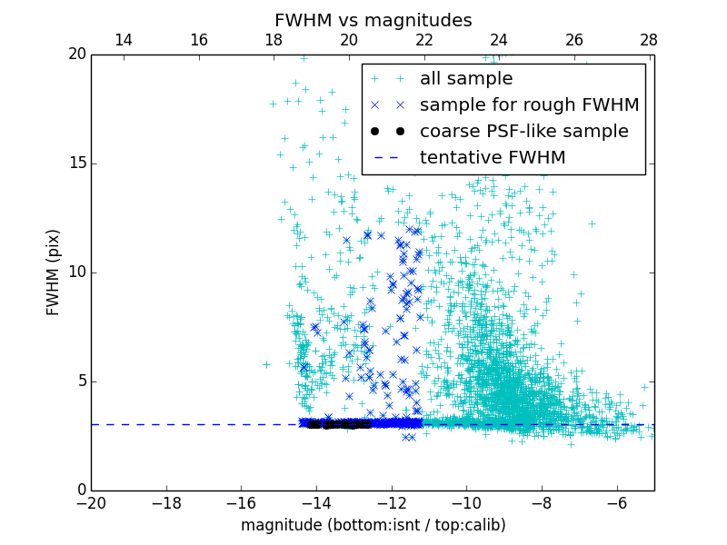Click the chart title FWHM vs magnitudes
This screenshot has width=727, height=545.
[x=373, y=20]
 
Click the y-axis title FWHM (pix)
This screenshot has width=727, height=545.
[x=54, y=272]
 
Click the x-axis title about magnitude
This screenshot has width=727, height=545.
[x=373, y=525]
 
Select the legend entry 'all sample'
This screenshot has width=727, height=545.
[x=465, y=79]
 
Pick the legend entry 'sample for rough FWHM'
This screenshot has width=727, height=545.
[x=529, y=105]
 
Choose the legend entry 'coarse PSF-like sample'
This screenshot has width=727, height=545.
[x=523, y=132]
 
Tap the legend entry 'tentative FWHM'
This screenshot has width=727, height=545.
[x=493, y=158]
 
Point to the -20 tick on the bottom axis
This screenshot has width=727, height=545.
[x=91, y=502]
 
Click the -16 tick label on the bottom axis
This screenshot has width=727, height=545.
[x=241, y=502]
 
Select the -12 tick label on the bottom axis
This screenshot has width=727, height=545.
[x=391, y=502]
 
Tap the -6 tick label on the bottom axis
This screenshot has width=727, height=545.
[x=616, y=502]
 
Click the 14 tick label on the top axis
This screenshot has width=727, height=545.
[x=124, y=40]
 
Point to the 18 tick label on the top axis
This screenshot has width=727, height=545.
[x=274, y=40]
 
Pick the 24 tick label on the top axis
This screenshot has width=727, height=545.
[x=499, y=40]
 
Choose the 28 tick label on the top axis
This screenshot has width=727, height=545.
[x=649, y=40]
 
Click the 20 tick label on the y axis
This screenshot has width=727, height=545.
[x=75, y=54]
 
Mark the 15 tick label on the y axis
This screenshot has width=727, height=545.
[x=75, y=163]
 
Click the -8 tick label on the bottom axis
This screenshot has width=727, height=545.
[x=541, y=502]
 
